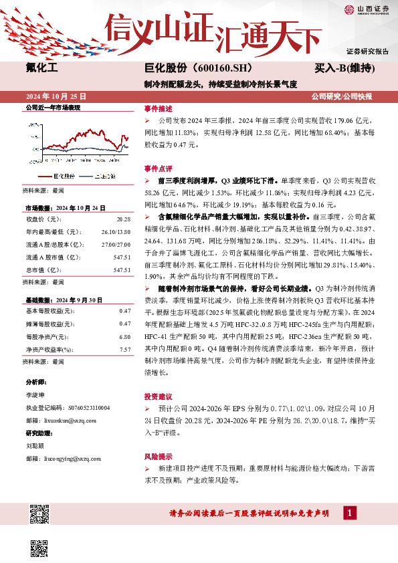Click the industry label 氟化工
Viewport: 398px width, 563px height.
42,68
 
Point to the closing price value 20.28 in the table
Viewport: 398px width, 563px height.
122,219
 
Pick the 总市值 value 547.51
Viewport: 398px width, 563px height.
122,251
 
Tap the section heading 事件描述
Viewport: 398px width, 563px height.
158,108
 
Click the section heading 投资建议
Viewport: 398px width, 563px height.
158,395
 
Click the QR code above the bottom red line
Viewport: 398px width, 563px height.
40,516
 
